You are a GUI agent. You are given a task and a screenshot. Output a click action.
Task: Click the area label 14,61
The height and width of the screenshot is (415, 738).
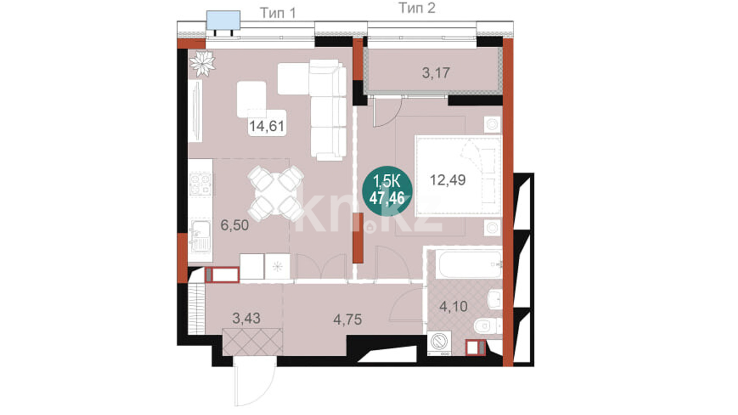click(267, 126)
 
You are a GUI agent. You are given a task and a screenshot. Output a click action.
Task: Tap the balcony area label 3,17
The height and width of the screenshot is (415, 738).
click(436, 73)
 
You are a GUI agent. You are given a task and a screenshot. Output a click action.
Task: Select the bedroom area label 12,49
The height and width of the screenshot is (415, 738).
click(448, 180)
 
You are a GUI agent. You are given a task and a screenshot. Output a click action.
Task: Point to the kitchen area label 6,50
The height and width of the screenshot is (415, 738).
click(234, 225)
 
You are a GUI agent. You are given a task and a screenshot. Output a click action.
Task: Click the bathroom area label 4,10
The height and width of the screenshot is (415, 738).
click(454, 307)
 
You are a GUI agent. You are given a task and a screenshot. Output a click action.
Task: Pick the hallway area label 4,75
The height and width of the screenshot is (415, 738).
click(347, 320)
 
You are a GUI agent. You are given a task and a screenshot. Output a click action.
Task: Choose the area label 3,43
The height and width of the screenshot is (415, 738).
click(246, 319)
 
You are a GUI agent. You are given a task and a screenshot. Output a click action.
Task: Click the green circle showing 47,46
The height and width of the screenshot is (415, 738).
click(387, 191)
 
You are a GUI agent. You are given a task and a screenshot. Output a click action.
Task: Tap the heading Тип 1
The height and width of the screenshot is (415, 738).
click(278, 13)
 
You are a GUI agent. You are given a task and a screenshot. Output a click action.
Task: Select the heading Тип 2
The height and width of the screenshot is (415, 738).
click(417, 8)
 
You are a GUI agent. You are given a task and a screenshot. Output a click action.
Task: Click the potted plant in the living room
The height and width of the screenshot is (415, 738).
click(202, 63)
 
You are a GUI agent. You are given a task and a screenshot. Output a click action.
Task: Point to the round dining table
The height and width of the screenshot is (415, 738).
click(276, 194)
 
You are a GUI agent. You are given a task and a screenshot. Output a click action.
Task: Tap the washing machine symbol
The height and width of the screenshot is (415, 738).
click(439, 343)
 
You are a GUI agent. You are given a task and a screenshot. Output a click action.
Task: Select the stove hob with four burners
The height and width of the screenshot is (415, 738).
click(201, 184)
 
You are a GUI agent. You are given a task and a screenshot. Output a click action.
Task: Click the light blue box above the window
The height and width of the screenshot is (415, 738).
click(223, 20)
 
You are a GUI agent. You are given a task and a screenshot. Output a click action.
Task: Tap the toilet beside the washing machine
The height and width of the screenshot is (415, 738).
click(487, 326)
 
